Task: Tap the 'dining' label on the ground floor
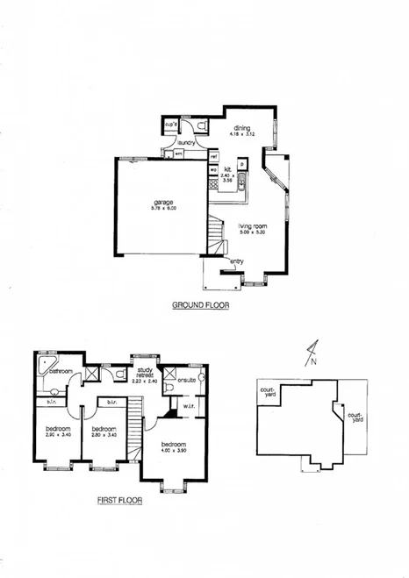point(241,129)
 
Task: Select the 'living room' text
point(252,226)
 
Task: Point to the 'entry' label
point(237,260)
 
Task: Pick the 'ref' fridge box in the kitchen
point(213,156)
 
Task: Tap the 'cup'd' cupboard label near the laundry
point(171,125)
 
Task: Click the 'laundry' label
point(185,141)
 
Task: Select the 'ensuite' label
point(186,380)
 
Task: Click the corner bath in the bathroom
point(45,364)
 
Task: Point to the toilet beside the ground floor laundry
point(203,128)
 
